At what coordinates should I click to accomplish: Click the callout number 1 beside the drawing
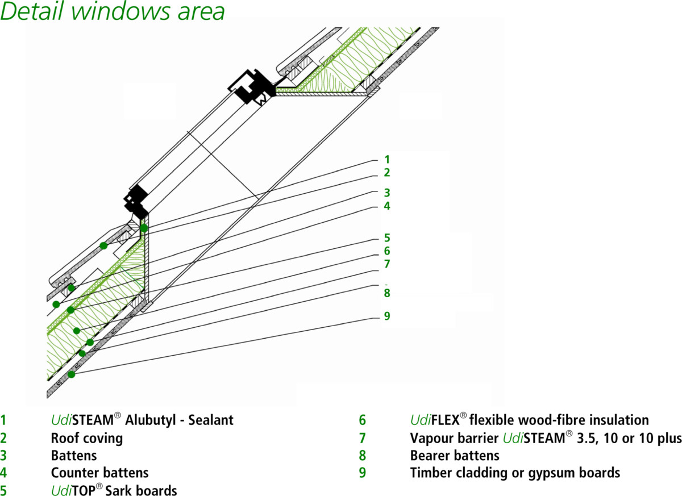pos(387,160)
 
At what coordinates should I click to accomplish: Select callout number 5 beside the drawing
pos(387,237)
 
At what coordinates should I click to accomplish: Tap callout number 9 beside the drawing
pos(387,316)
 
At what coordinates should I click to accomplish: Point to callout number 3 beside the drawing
pos(387,193)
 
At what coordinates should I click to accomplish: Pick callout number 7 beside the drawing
pos(387,264)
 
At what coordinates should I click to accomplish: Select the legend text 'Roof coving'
pos(86,438)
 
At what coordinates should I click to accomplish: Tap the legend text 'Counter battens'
pos(99,473)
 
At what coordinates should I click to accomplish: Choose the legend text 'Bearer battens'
pos(455,455)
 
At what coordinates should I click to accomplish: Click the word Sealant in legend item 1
pos(211,420)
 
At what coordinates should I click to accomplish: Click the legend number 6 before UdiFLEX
pos(362,420)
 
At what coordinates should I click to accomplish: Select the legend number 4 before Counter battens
pos(3,473)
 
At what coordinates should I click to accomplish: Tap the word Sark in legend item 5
pos(125,490)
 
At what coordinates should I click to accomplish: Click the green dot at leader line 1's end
pos(144,228)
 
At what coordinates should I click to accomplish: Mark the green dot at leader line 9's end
pos(71,374)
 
